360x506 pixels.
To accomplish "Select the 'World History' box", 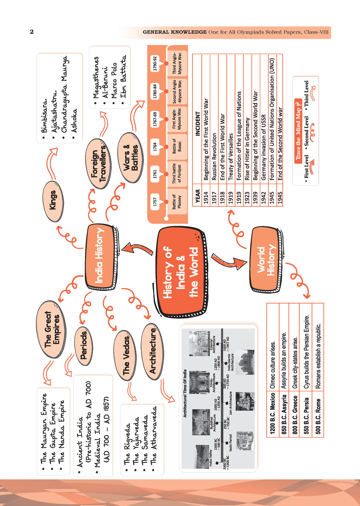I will [266, 260].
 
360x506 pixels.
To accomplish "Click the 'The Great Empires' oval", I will [51, 329].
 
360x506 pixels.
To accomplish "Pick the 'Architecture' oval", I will [152, 351].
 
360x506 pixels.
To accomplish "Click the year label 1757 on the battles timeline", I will [155, 201].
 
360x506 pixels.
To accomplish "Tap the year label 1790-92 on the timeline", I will [155, 63].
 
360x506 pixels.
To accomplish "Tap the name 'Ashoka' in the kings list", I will [74, 121].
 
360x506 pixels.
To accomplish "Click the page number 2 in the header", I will [32, 32].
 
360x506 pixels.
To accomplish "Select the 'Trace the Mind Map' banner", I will [298, 131].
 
